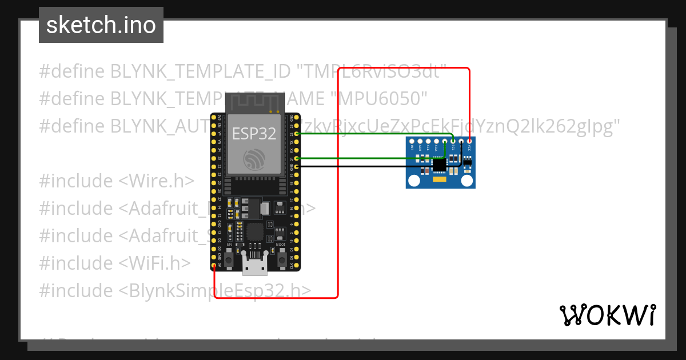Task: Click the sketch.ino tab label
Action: pos(101,25)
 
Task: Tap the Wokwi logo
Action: pos(607,315)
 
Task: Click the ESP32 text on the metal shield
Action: pos(254,134)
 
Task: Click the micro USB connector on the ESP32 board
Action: pos(254,265)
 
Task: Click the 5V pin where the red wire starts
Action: pos(214,266)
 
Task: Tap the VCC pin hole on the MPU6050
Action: pos(469,141)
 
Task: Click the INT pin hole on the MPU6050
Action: pos(412,141)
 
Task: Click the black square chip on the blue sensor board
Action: pos(439,165)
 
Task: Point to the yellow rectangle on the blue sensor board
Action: pos(440,179)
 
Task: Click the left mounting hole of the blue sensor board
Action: pos(413,181)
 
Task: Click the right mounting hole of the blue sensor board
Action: pos(468,181)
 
